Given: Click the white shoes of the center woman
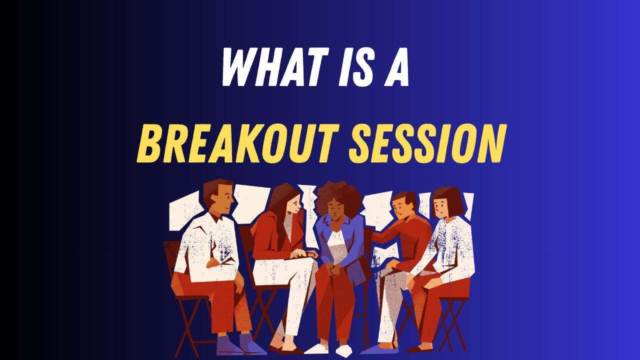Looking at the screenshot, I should tap(330, 349).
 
